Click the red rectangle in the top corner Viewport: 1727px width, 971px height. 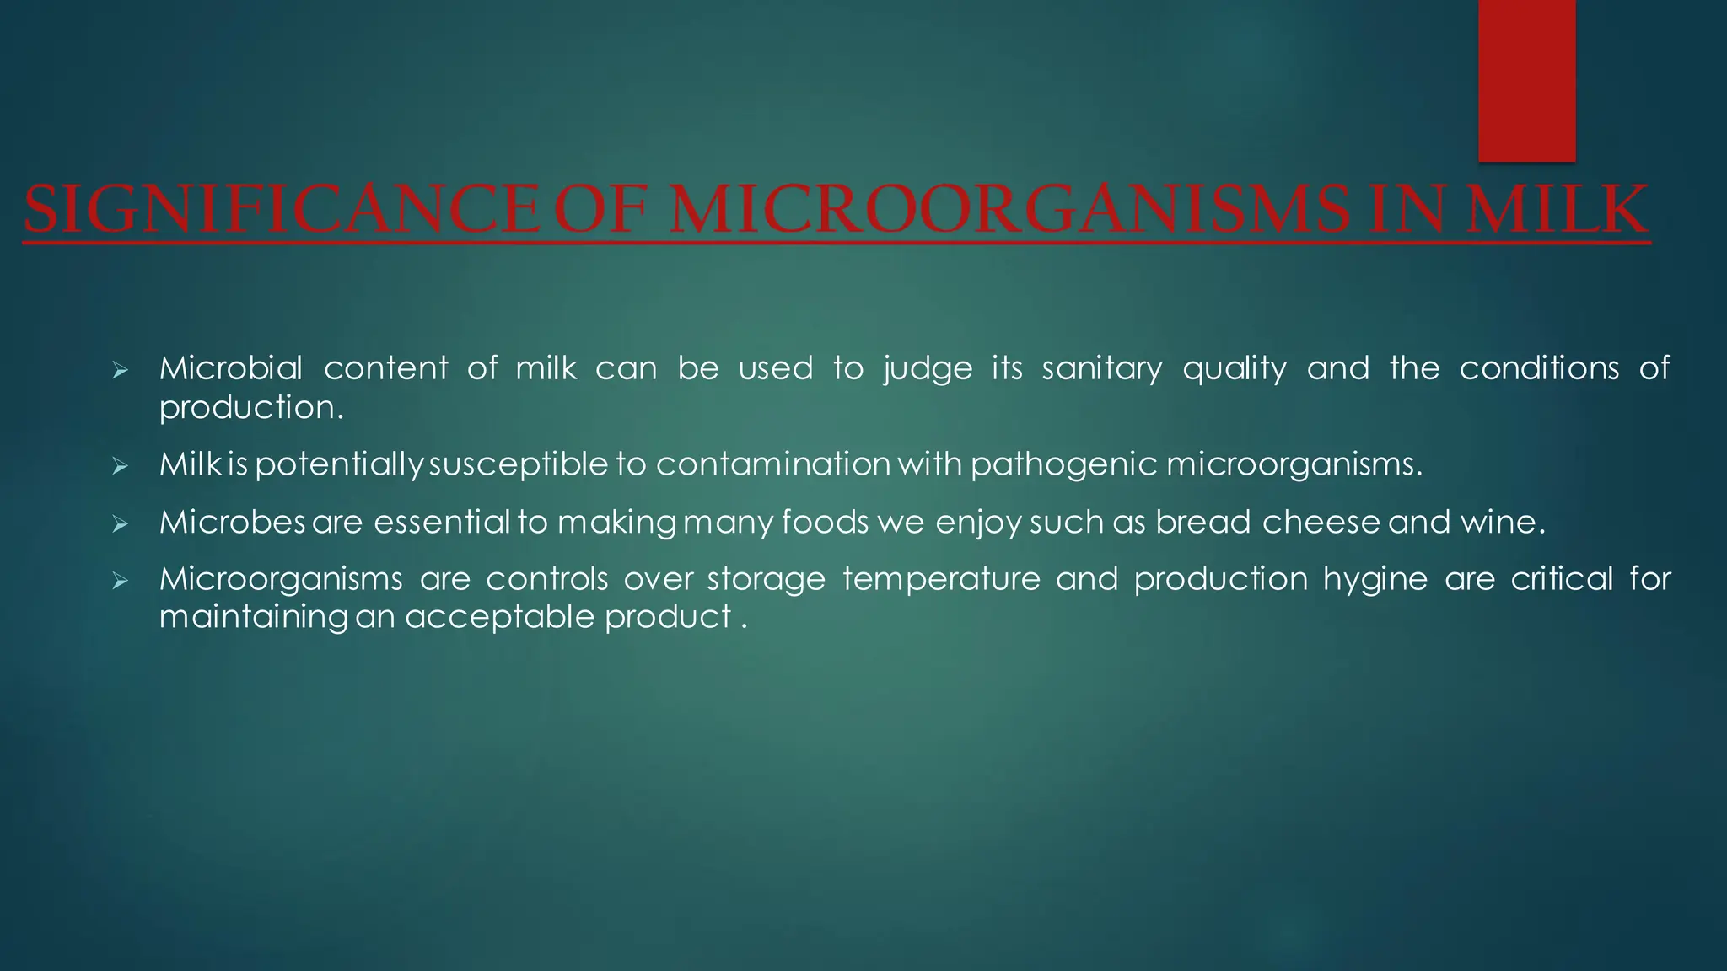(x=1526, y=80)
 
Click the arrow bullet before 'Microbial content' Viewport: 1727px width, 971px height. (x=120, y=370)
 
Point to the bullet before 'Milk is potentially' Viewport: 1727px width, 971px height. (x=120, y=465)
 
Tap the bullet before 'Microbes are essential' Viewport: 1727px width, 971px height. (x=120, y=524)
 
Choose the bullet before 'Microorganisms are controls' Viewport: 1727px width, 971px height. (x=120, y=581)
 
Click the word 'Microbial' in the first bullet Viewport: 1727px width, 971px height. (x=231, y=368)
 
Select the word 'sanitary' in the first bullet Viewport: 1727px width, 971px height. (x=1102, y=369)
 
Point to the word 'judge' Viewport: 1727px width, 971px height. (x=928, y=369)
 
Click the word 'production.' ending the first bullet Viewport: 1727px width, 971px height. (x=252, y=408)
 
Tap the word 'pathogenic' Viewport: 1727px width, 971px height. (x=1064, y=464)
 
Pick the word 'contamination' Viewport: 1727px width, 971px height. (x=773, y=464)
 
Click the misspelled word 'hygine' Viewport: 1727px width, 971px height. (x=1375, y=580)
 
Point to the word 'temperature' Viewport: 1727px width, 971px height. (x=941, y=580)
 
